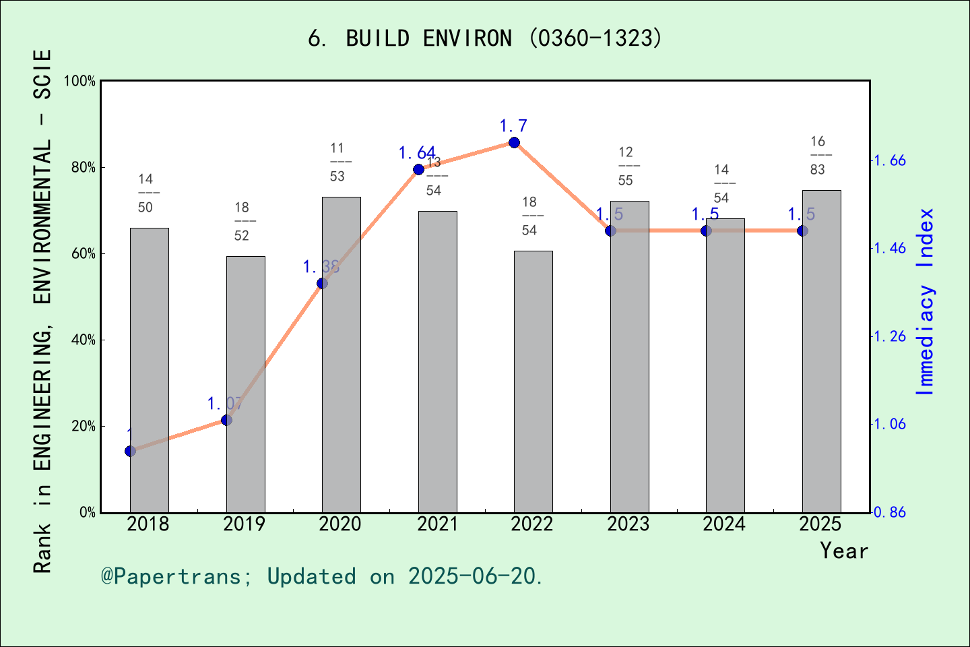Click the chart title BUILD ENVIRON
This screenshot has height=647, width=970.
(485, 38)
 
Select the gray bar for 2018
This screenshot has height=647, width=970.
(149, 371)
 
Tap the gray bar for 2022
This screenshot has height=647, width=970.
(533, 382)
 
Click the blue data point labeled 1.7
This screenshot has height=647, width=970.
(514, 142)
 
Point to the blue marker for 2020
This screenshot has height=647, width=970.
(322, 283)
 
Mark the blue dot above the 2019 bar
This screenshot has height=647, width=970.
(226, 420)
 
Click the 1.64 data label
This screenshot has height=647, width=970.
(416, 153)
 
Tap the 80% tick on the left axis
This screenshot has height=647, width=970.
(84, 167)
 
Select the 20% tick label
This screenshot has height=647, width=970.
(84, 426)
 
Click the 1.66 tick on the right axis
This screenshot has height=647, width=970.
(890, 160)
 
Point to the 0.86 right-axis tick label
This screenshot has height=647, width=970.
(890, 512)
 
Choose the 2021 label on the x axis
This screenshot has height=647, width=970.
(437, 524)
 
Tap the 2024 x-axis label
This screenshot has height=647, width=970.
(724, 524)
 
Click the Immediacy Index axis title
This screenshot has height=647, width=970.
(926, 301)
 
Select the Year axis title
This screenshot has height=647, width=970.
(843, 551)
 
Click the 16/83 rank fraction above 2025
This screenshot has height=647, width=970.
(818, 156)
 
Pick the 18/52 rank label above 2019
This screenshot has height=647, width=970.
(242, 222)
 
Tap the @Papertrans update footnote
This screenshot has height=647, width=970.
(322, 576)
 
